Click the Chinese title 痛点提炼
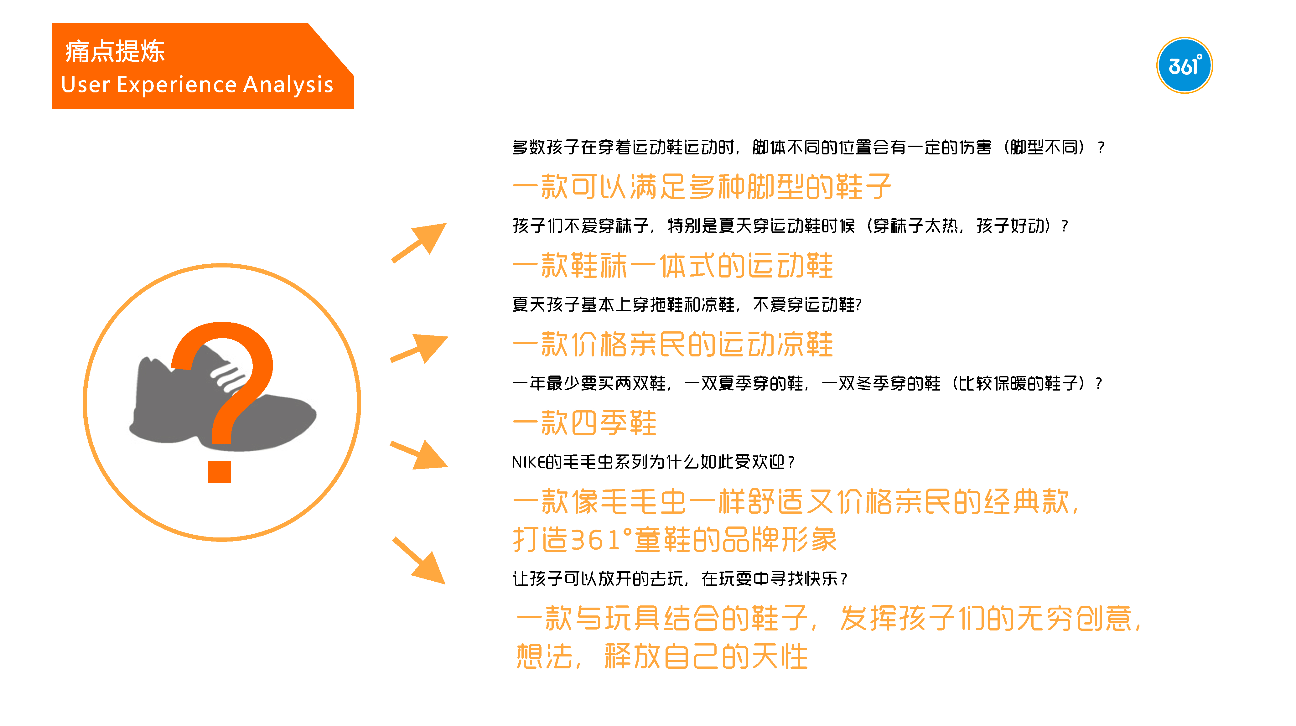coord(115,51)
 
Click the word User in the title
coord(85,85)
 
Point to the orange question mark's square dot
coord(219,471)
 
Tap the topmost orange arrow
coord(420,242)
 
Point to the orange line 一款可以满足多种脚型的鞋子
coord(701,187)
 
